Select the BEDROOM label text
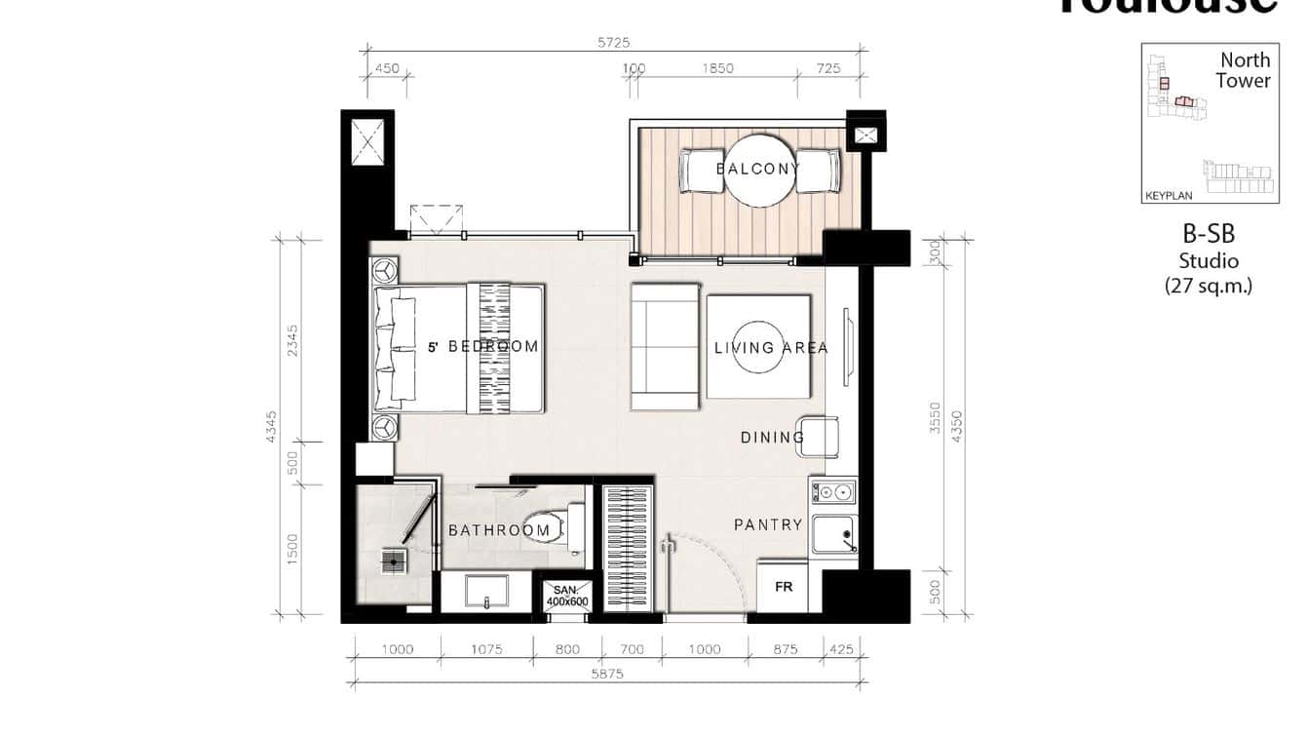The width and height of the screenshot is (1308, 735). point(492,346)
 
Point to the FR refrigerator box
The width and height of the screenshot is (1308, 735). point(783,587)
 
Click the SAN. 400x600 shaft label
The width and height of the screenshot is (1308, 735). point(566,596)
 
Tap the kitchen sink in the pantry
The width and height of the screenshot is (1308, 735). point(834,535)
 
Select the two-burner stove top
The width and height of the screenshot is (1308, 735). point(833,491)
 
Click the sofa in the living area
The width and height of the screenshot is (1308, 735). point(665,346)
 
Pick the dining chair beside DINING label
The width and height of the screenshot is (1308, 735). point(821,436)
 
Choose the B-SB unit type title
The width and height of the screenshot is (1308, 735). point(1209,234)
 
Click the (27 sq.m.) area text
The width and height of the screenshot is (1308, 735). point(1209,286)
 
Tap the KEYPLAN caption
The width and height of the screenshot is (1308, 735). point(1169,195)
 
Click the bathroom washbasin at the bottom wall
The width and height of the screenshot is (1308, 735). point(486,591)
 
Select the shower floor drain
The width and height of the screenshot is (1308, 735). point(394,561)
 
